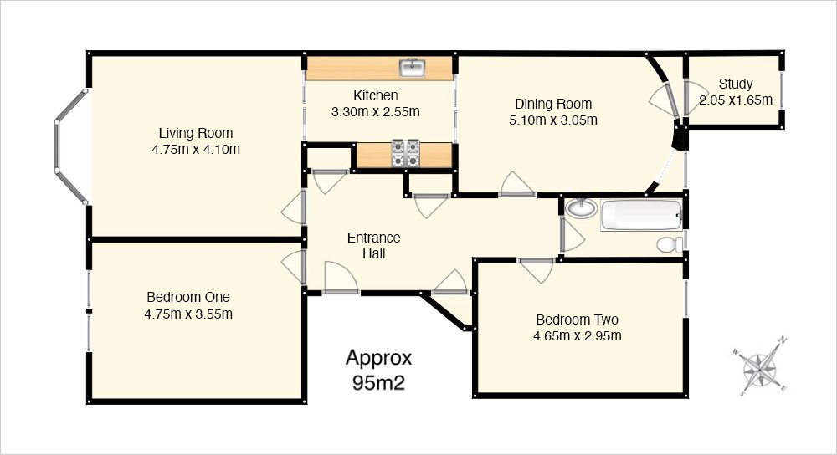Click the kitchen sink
coord(413,69)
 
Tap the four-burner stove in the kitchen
coord(406,154)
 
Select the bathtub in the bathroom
coord(642,215)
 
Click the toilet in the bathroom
coord(670,245)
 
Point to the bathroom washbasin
coord(581,207)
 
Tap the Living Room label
coord(195,133)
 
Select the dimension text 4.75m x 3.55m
coord(188,314)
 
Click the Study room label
coord(736,84)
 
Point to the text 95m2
coord(378,382)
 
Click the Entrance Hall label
coord(373,245)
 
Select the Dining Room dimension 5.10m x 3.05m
coord(553,120)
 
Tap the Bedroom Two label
coord(577,320)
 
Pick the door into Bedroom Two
coord(537,270)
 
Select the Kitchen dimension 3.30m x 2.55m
coord(375,112)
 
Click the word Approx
coord(378,359)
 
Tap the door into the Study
coord(695,98)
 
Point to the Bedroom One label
coord(188,297)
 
